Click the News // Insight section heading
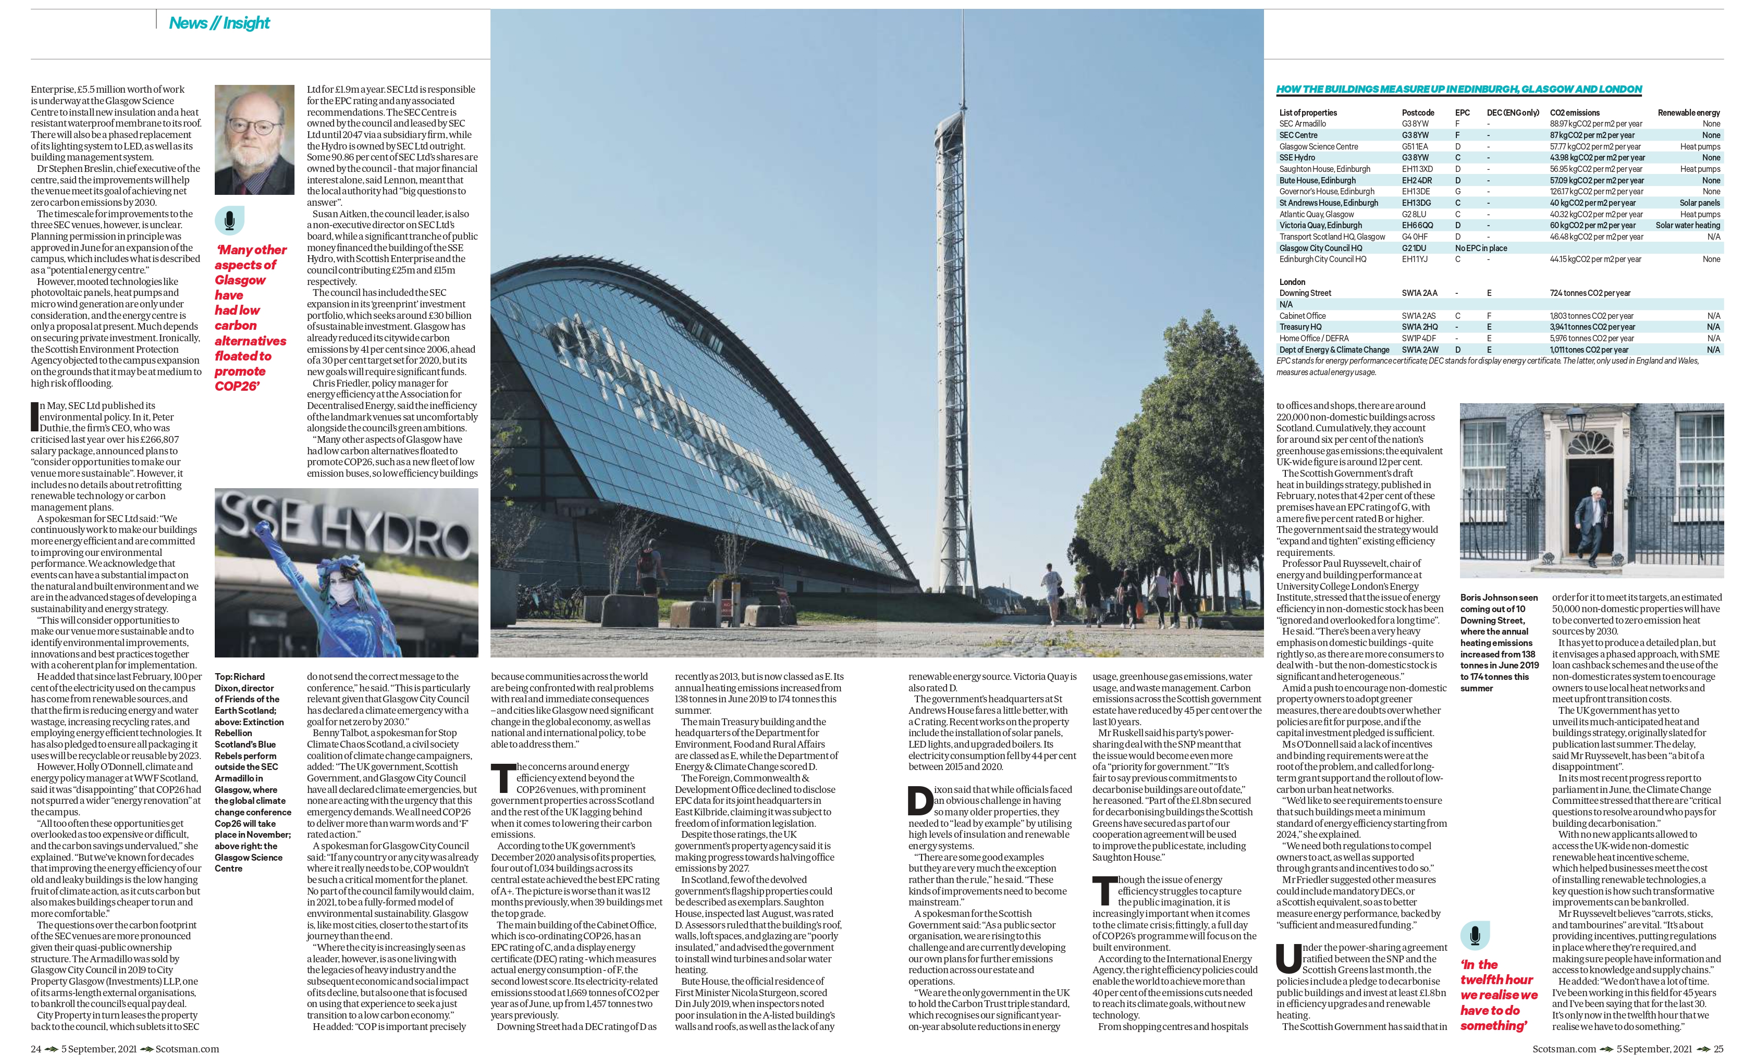pyautogui.click(x=219, y=23)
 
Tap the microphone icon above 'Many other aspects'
pyautogui.click(x=229, y=221)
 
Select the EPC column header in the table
pyautogui.click(x=1462, y=113)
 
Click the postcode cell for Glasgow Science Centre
pyautogui.click(x=1415, y=146)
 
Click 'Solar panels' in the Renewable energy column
pyautogui.click(x=1700, y=203)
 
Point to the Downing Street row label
pyautogui.click(x=1305, y=293)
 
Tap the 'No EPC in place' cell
pyautogui.click(x=1480, y=248)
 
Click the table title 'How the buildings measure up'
pyautogui.click(x=1458, y=90)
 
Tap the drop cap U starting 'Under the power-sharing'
pyautogui.click(x=1288, y=958)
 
